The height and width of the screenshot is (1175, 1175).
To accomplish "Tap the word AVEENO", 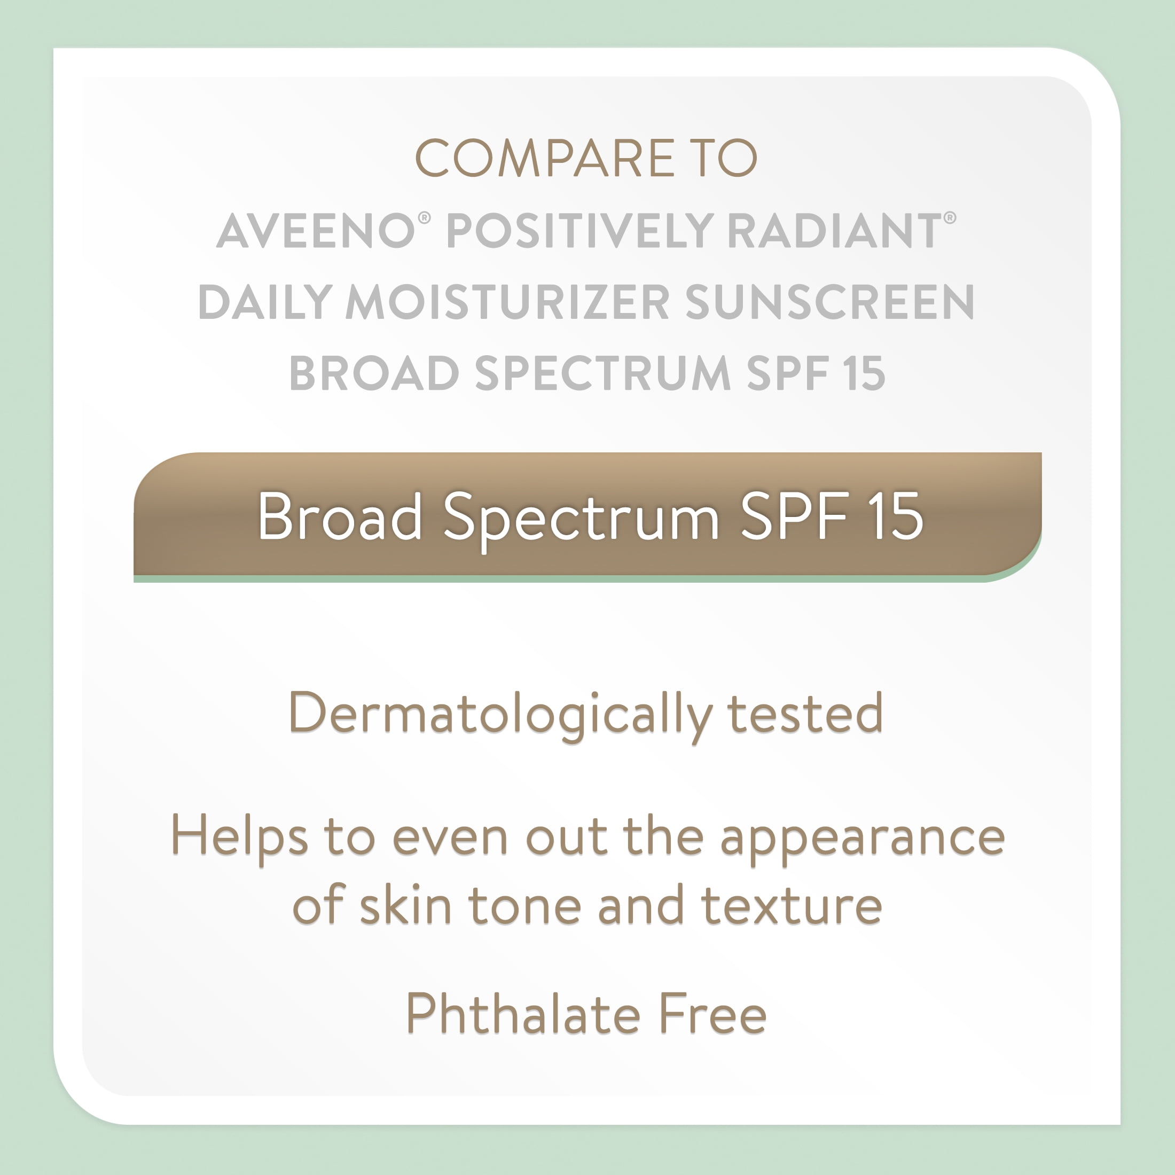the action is tap(316, 231).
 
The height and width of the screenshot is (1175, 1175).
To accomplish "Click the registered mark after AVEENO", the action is tap(425, 218).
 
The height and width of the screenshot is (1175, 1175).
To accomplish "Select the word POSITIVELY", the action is tap(580, 231).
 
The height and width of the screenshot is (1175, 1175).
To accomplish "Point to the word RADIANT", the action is tap(834, 231).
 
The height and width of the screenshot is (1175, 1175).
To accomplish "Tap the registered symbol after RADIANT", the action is tap(950, 218).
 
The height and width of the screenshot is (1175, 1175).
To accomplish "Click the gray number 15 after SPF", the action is tap(864, 373).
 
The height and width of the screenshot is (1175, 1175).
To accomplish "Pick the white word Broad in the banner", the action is tap(340, 516).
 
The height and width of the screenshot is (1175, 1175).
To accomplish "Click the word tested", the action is tap(805, 714).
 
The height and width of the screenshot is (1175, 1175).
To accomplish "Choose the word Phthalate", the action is tap(523, 1013).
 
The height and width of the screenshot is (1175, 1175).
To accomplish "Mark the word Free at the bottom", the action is tap(714, 1014).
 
